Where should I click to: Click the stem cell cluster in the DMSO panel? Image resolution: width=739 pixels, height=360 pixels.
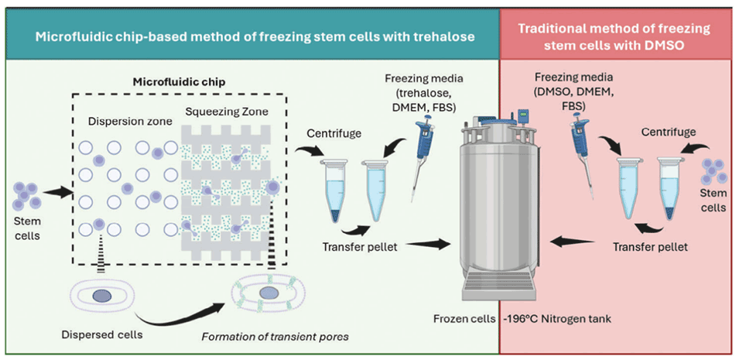click(712, 172)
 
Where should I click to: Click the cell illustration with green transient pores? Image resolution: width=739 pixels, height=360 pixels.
click(268, 295)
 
